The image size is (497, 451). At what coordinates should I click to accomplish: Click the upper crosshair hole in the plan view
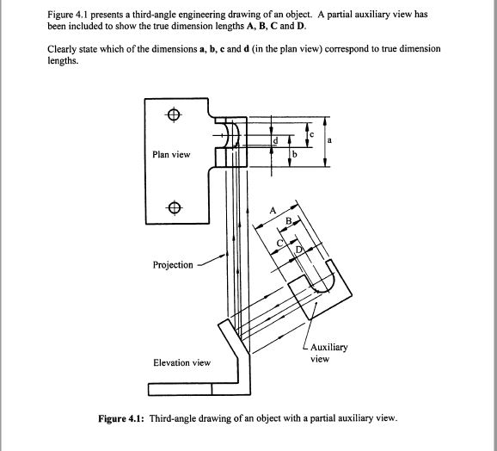click(x=174, y=114)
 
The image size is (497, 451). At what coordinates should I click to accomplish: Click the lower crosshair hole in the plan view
click(x=174, y=207)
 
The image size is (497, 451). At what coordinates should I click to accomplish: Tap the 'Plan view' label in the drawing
click(x=171, y=155)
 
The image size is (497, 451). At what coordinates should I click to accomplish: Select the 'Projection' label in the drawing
click(x=173, y=265)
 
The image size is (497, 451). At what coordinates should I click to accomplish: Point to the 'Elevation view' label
click(x=181, y=362)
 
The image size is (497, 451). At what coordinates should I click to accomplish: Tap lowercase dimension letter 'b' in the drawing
click(x=295, y=153)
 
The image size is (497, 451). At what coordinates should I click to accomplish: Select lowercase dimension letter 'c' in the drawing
click(x=311, y=134)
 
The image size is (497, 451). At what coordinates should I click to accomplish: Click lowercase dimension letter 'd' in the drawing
click(x=275, y=139)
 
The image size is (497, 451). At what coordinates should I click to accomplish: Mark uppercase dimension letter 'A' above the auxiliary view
click(x=273, y=211)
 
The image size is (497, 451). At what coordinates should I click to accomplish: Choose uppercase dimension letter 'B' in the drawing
click(x=289, y=221)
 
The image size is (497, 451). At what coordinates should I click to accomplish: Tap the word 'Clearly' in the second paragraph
click(x=63, y=49)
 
